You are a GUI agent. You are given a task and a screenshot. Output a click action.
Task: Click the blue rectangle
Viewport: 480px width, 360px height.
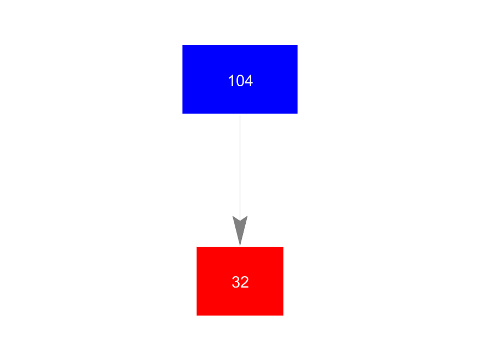coord(240,79)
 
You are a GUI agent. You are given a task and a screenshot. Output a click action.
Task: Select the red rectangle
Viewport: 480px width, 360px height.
coord(240,281)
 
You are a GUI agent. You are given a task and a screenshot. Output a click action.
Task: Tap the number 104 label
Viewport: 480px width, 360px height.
coord(240,81)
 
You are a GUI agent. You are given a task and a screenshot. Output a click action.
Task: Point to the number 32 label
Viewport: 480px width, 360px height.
coord(240,282)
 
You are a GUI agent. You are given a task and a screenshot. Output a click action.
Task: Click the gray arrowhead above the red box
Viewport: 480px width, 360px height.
coord(240,228)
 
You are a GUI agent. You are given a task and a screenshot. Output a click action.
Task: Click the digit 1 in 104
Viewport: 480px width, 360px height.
coord(231,81)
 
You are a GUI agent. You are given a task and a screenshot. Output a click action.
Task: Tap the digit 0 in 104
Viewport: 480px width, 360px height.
coord(240,81)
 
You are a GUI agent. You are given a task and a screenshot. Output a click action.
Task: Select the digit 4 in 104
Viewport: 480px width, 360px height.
coord(249,81)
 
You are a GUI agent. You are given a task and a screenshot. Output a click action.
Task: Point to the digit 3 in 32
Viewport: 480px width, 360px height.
coord(236,282)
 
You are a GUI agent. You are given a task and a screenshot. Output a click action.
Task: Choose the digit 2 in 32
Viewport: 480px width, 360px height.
coord(245,282)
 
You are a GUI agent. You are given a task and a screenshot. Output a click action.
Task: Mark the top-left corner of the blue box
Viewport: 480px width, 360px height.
coord(183,45)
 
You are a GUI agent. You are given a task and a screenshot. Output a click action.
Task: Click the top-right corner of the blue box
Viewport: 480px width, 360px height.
coord(297,45)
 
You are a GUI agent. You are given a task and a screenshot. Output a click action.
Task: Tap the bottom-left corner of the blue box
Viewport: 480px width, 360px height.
coord(183,114)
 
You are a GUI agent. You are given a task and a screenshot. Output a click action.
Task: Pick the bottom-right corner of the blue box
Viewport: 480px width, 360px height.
coord(297,114)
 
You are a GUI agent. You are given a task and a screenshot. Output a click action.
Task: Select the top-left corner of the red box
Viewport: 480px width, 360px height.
coord(196,247)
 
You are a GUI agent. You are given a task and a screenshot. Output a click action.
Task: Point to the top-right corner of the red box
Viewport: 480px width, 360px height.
coord(284,247)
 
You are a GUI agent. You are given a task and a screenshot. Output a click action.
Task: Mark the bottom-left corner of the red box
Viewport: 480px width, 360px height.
coord(196,316)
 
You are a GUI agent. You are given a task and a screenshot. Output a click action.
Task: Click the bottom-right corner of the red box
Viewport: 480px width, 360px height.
coord(284,316)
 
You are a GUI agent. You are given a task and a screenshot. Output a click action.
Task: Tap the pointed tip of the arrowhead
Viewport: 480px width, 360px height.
coord(240,245)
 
